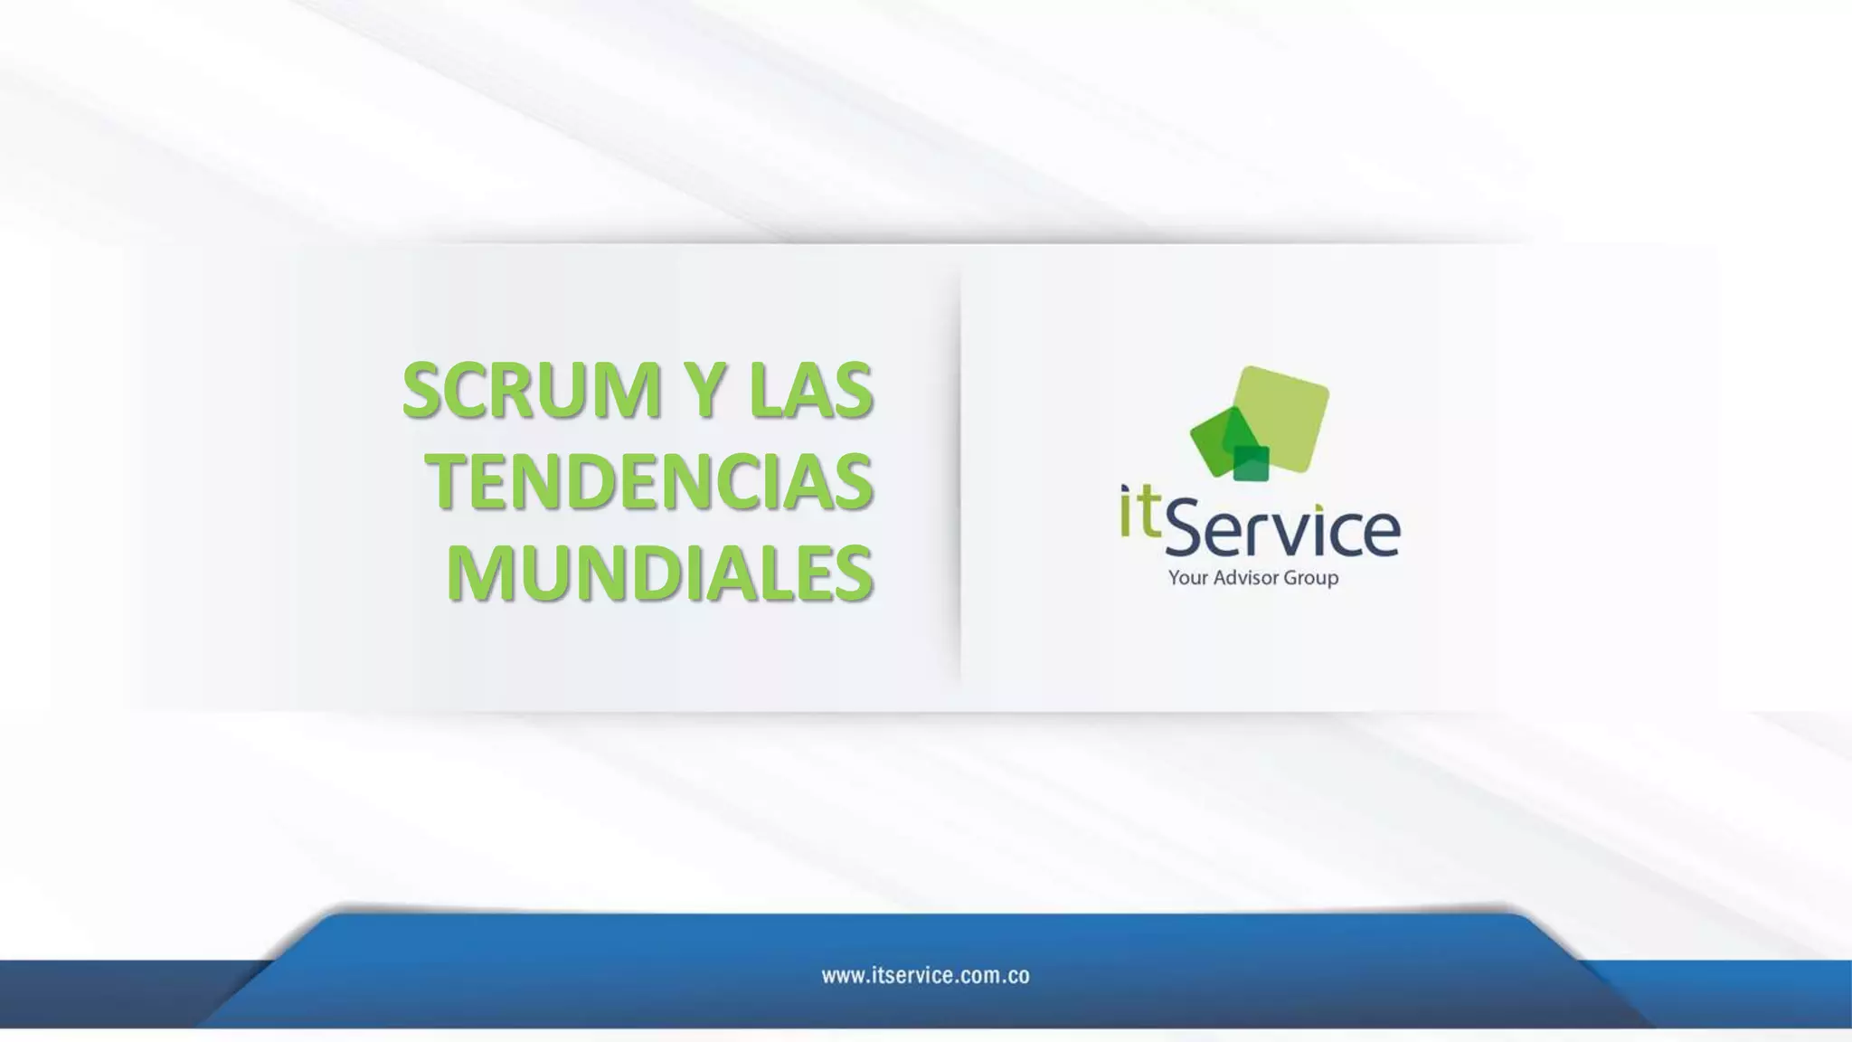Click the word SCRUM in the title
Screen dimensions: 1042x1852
pos(532,390)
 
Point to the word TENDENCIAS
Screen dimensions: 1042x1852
pos(649,481)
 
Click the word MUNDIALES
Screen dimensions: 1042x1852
pos(660,573)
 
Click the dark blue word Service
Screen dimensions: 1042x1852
pos(1282,530)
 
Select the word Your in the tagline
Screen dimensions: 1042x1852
pos(1187,578)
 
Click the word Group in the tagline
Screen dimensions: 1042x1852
pos(1310,578)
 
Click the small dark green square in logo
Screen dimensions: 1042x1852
pos(1252,462)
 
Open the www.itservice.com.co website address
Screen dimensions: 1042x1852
pos(925,976)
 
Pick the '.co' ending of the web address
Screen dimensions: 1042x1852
pos(1016,976)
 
